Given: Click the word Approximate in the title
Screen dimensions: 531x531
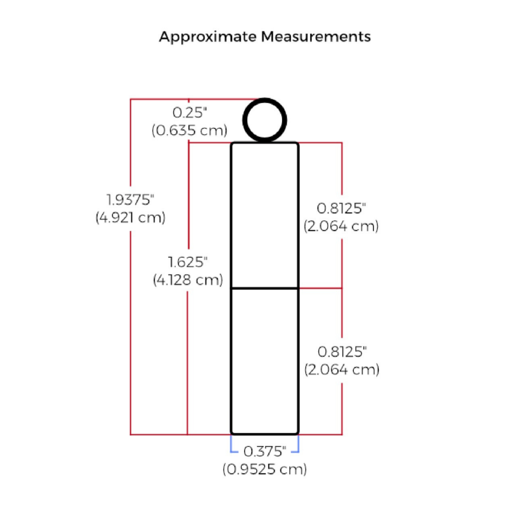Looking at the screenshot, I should pyautogui.click(x=208, y=37).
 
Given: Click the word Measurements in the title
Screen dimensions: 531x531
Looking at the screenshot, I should pyautogui.click(x=316, y=37).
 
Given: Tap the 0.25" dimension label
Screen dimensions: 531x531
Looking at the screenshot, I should pyautogui.click(x=190, y=112).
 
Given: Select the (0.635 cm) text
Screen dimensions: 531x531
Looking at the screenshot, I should pyautogui.click(x=190, y=130).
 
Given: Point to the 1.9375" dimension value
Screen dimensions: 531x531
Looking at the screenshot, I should pyautogui.click(x=130, y=200).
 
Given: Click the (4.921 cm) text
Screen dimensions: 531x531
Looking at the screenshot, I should pyautogui.click(x=130, y=218).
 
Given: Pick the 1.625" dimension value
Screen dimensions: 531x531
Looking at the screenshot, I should pyautogui.click(x=188, y=262).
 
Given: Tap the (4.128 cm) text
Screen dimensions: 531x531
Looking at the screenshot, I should pyautogui.click(x=188, y=280).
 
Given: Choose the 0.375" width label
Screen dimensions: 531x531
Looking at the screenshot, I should pyautogui.click(x=265, y=451).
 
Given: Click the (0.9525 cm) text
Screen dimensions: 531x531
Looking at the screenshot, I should pyautogui.click(x=265, y=469).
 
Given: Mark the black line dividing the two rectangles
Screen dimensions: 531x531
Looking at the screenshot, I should pyautogui.click(x=265, y=288).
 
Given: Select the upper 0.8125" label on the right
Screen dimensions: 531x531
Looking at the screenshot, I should pyautogui.click(x=341, y=208).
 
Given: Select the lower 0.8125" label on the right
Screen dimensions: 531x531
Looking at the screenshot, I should pyautogui.click(x=342, y=352).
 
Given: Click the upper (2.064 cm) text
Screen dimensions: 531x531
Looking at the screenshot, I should pyautogui.click(x=341, y=226).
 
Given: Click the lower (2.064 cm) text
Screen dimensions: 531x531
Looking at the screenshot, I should pyautogui.click(x=342, y=369).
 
